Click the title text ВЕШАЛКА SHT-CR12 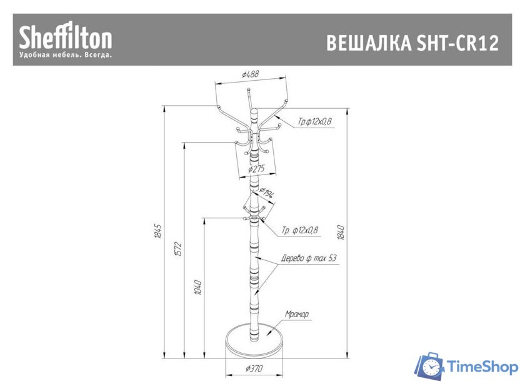click(412, 44)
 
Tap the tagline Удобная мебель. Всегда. click(66, 56)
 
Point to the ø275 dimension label click(257, 168)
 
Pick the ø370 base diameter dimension click(253, 368)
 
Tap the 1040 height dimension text click(198, 288)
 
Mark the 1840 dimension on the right click(341, 233)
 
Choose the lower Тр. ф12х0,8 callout click(299, 230)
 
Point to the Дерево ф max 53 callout click(309, 257)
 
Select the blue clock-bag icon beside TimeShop click(429, 367)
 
